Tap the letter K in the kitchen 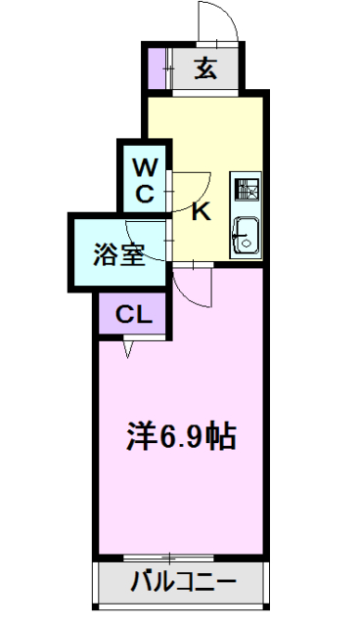(201, 210)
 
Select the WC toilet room (144, 176)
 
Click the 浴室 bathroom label (119, 255)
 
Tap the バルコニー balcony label (183, 584)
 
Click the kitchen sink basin (246, 234)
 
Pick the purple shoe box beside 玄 (157, 68)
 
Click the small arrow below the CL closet (128, 347)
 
